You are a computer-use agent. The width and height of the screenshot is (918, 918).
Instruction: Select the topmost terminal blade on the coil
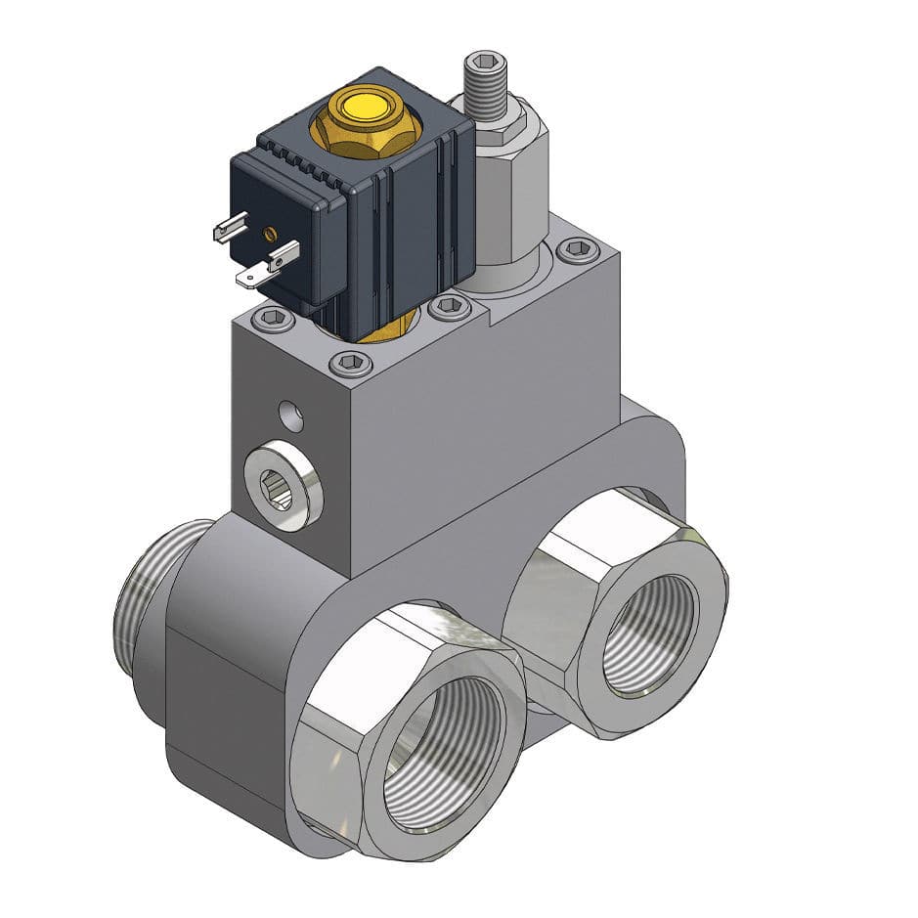231,229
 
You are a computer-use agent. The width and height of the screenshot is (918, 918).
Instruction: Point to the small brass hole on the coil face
270,234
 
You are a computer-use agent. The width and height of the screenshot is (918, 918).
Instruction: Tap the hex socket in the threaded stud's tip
487,60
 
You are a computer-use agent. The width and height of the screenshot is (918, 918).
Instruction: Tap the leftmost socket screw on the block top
273,319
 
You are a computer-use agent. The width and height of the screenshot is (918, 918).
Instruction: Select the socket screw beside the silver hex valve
578,251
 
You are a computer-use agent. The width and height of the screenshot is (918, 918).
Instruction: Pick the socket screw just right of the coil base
449,306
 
